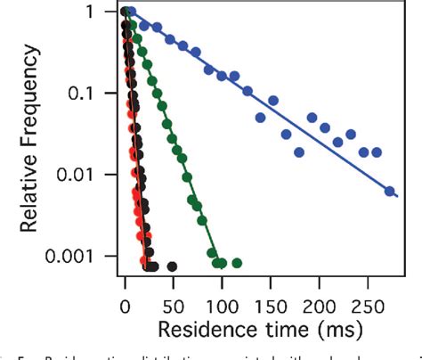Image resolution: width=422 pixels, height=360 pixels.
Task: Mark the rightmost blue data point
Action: [x=389, y=191]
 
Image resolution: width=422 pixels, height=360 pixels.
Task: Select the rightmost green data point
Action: [x=236, y=263]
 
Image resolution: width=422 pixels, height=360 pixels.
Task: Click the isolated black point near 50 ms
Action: [x=172, y=266]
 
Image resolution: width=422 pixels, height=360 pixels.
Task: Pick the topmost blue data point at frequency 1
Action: [x=131, y=12]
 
